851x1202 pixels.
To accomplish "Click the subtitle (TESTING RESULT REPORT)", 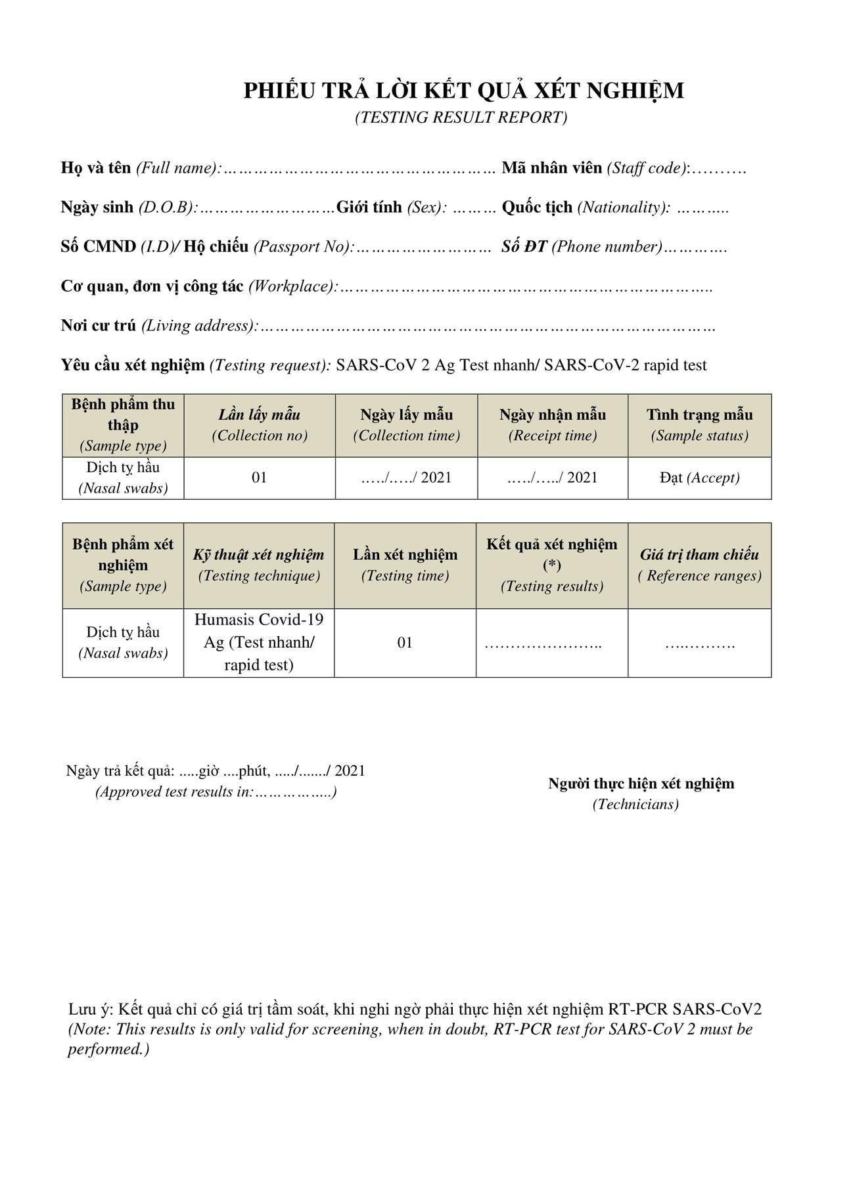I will (x=461, y=118).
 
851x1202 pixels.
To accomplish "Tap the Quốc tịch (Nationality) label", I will (x=586, y=208).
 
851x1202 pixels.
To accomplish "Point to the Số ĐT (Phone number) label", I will (x=582, y=247).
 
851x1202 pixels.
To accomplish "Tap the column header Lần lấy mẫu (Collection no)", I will (x=259, y=425).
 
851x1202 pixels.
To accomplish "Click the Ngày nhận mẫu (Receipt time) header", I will (x=552, y=425).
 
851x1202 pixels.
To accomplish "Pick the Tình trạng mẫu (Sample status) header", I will (x=699, y=425).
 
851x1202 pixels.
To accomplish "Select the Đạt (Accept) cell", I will (x=699, y=478).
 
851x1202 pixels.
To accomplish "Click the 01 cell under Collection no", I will (x=259, y=478).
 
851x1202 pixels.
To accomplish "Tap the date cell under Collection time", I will (x=406, y=478).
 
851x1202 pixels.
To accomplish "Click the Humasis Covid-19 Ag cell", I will (x=259, y=642).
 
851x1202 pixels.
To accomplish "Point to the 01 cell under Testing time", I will (x=405, y=642).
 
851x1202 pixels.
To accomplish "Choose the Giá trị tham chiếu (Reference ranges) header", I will (x=699, y=565).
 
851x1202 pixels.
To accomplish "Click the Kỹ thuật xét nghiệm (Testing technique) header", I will (x=259, y=565).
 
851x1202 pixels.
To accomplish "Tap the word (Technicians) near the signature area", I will (x=635, y=805).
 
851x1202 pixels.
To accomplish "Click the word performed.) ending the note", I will (x=108, y=1049).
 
